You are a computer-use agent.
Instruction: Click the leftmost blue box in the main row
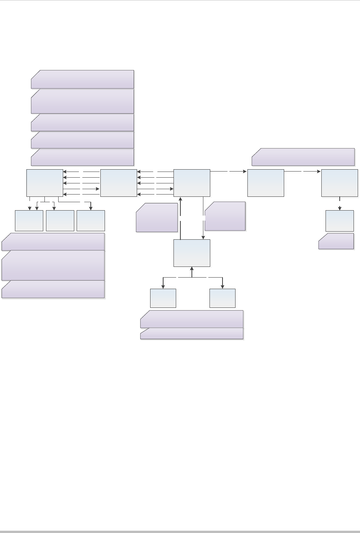45,183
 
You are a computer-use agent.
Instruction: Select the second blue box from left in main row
118,183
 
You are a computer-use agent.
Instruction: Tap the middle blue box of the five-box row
192,183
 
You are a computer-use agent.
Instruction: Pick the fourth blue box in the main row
266,183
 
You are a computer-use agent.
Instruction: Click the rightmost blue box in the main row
339,183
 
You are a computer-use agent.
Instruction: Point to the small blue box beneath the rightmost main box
339,221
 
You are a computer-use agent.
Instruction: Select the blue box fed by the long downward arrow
192,253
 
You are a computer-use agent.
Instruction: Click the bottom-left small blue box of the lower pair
163,298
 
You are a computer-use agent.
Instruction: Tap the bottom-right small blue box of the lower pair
223,298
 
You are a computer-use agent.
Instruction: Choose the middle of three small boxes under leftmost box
60,221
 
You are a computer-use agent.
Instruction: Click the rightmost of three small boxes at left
91,221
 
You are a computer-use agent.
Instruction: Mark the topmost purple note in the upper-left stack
82,79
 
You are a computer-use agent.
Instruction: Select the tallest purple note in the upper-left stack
82,101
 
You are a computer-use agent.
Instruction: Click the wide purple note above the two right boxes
303,157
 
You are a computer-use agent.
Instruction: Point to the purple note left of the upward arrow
157,217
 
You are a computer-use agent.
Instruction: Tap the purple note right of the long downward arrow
225,216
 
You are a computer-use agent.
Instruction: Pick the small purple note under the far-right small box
336,241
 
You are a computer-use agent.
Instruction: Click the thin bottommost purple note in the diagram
191,334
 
